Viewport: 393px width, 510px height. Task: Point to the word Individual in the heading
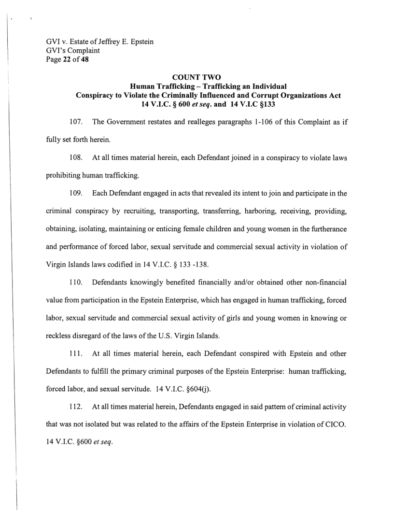click(x=264, y=87)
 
